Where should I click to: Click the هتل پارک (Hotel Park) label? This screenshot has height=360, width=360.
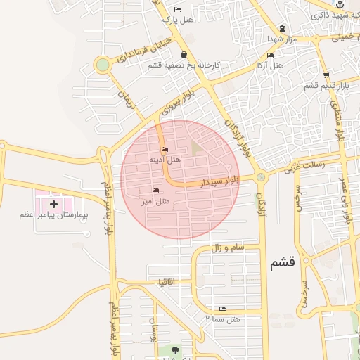(x=177, y=20)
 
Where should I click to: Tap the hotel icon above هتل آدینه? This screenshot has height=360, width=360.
(x=165, y=149)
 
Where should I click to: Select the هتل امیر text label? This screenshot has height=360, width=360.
(x=155, y=202)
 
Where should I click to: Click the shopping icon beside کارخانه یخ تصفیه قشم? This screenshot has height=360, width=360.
(x=184, y=54)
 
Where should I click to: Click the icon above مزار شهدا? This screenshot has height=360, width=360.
(x=282, y=28)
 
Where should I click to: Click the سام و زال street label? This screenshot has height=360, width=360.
(x=226, y=247)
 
